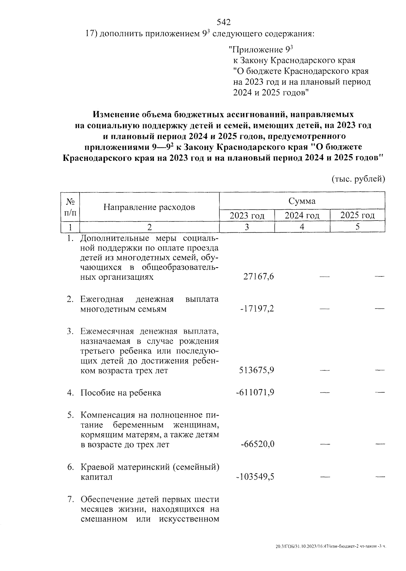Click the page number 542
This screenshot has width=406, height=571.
point(223,23)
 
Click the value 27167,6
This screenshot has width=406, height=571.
point(258,277)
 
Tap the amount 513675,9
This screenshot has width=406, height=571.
point(256,370)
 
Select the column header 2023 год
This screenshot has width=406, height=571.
point(247,215)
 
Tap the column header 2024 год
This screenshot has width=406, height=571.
point(302,215)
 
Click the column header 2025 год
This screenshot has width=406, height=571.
point(357,215)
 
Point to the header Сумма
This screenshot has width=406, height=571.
point(302,201)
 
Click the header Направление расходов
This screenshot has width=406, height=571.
point(149,207)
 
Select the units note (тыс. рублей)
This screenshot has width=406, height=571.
point(358,179)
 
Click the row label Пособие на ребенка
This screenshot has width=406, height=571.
point(121,393)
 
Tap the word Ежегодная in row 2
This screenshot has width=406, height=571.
point(102,299)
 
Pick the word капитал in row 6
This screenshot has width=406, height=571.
point(96,477)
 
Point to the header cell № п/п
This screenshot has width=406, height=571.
point(70,207)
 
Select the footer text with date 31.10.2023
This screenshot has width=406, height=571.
point(331,547)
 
